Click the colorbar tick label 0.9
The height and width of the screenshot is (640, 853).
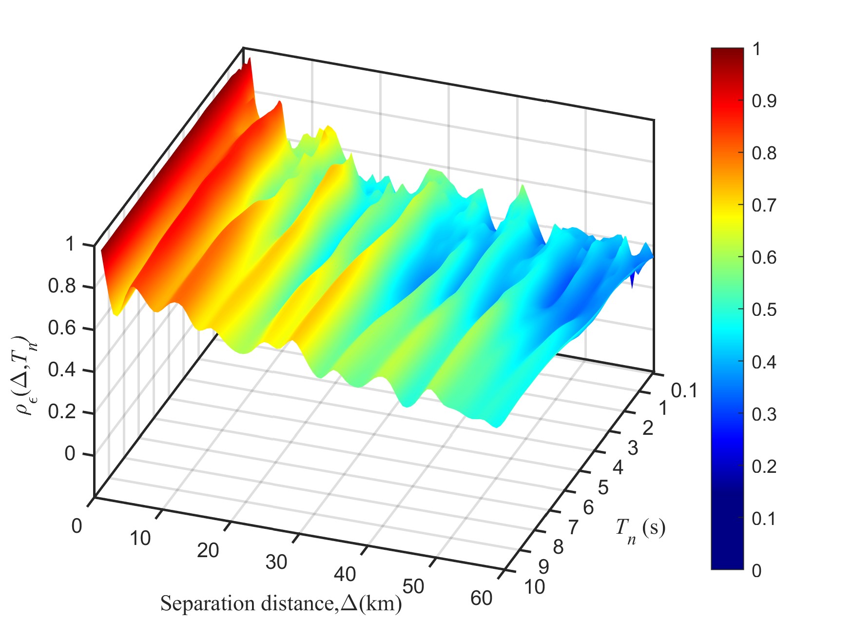point(764,101)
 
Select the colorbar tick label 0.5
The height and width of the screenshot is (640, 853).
point(764,310)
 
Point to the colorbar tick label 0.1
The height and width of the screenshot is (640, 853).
point(764,519)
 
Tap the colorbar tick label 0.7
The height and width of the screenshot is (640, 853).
point(764,206)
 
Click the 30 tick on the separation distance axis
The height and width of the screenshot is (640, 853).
point(276,562)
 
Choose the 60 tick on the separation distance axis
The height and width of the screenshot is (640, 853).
point(482,598)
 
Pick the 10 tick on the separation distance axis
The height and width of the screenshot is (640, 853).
point(140,539)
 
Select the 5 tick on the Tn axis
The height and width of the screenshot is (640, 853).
point(603,488)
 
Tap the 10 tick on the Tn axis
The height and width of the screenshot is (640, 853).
point(534,587)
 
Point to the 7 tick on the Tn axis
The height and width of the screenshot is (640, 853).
point(573,527)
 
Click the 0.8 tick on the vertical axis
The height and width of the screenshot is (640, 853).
point(62,286)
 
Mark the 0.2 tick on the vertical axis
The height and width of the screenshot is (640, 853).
point(62,412)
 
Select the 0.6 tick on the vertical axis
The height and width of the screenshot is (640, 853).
point(62,328)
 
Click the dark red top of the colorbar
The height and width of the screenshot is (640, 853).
point(727,54)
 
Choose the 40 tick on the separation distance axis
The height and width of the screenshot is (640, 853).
point(345,575)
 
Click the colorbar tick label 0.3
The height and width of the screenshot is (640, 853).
point(764,414)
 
